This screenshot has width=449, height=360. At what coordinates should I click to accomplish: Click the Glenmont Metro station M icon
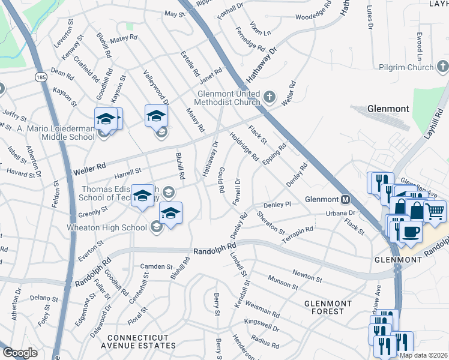345,199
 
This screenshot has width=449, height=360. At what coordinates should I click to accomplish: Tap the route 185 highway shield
41,77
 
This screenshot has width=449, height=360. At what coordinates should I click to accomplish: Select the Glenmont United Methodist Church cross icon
270,96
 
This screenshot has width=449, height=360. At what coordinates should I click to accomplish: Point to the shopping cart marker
435,210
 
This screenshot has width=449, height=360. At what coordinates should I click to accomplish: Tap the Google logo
20,353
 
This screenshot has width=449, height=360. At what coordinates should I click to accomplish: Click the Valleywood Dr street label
155,89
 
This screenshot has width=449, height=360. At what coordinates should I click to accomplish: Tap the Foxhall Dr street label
231,10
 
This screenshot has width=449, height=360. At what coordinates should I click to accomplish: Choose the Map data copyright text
423,355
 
